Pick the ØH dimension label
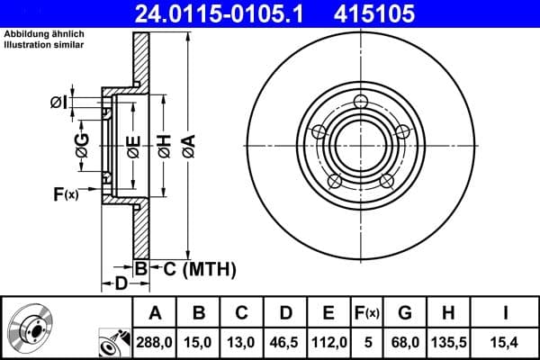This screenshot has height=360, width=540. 164,144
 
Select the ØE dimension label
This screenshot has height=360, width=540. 132,145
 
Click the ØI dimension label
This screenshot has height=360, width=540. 58,103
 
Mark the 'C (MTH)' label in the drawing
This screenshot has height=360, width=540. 198,267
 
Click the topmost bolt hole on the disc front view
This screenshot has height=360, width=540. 362,101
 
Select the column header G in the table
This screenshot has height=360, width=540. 405,313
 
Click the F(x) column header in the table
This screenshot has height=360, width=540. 367,313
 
